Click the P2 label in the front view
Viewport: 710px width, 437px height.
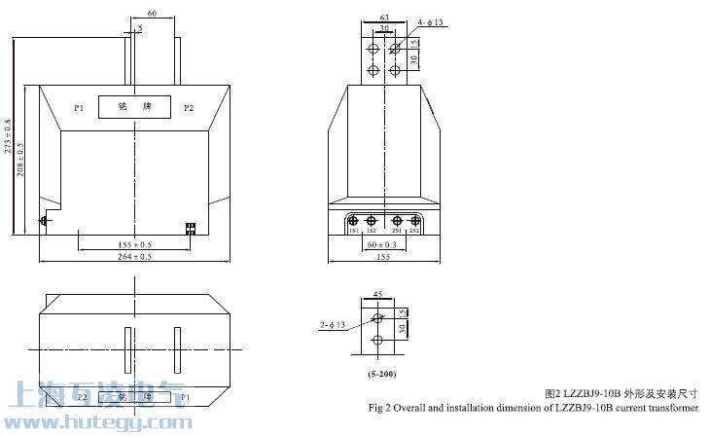coord(189,107)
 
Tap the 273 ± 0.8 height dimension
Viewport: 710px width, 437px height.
coord(9,136)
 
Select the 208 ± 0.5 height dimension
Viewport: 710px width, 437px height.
coord(21,159)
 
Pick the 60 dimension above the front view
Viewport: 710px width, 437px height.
coord(152,14)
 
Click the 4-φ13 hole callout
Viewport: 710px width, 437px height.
coord(430,21)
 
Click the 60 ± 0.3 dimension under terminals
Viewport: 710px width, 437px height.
coord(382,244)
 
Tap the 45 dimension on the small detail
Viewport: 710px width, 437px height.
coord(377,292)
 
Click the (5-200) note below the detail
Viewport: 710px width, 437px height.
coord(381,374)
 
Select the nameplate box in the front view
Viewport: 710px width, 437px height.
coord(134,107)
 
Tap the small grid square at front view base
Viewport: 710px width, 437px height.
coord(191,229)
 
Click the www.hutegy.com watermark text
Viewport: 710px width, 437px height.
coord(97,422)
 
